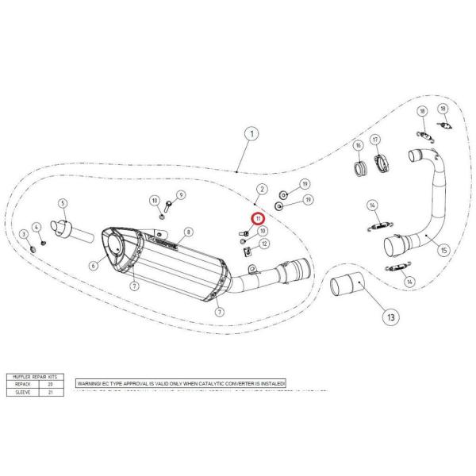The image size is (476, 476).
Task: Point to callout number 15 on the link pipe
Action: [443, 250]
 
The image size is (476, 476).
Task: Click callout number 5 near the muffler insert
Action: [63, 204]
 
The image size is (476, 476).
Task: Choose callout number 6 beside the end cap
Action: [93, 267]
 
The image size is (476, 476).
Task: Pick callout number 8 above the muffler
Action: [189, 233]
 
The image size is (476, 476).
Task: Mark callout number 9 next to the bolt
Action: [181, 194]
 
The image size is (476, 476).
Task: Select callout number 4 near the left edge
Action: [36, 227]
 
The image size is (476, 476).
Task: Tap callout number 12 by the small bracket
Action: [263, 243]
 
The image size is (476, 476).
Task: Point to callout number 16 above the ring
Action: [358, 147]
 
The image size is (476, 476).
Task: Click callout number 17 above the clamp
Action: [386, 140]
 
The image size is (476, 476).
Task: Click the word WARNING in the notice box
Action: [89, 383]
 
